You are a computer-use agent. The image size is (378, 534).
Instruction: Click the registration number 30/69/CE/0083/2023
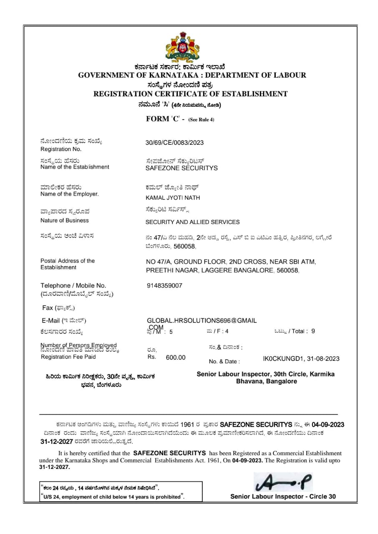click(174, 143)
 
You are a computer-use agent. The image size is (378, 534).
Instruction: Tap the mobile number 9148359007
click(164, 285)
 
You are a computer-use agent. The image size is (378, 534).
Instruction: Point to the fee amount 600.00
click(176, 358)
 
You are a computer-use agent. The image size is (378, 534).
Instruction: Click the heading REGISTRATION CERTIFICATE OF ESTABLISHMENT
click(190, 94)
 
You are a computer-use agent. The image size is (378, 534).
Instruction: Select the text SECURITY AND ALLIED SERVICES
click(192, 222)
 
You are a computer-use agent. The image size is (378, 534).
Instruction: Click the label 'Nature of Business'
click(65, 220)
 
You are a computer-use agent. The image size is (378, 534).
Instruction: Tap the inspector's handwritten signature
click(283, 482)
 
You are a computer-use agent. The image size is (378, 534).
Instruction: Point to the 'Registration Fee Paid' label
click(68, 357)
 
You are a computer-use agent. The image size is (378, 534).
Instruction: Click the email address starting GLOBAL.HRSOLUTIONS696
click(202, 320)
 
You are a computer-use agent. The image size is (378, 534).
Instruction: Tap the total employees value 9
click(313, 331)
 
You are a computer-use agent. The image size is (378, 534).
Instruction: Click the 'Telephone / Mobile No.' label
click(73, 285)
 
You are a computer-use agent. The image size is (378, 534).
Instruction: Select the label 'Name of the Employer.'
click(70, 194)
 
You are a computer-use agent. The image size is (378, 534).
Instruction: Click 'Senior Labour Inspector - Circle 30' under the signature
click(282, 496)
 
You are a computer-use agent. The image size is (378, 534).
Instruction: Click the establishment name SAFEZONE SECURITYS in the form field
click(181, 168)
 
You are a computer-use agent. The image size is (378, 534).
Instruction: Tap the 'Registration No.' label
click(61, 149)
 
